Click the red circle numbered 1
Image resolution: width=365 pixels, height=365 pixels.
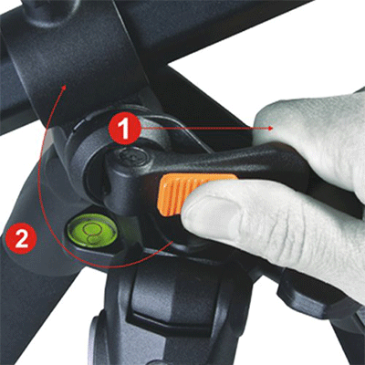point(124,129)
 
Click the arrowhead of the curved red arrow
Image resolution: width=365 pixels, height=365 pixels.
point(64,89)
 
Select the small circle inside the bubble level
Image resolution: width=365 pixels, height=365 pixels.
point(91,229)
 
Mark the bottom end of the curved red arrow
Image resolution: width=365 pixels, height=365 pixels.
point(172,242)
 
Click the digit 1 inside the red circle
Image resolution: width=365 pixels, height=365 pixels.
point(125,129)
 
